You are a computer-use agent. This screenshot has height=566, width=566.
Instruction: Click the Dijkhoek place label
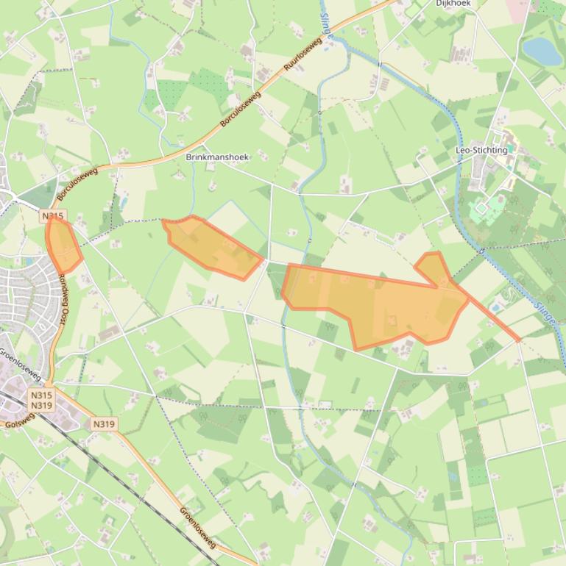coord(453,4)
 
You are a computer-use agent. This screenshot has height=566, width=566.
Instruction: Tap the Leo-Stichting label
coord(481,150)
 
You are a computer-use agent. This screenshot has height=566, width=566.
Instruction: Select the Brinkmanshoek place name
coord(218,157)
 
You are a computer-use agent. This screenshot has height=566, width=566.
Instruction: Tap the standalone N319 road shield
coord(105,424)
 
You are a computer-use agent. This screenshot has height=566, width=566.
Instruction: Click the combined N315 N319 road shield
coord(41,400)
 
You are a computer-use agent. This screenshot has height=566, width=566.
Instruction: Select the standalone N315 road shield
coord(53,216)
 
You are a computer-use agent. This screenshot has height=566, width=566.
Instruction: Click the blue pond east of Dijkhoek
coord(541,51)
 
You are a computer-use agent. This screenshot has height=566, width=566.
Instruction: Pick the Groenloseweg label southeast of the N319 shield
coord(198,526)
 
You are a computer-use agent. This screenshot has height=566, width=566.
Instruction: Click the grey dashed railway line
coord(110,470)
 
